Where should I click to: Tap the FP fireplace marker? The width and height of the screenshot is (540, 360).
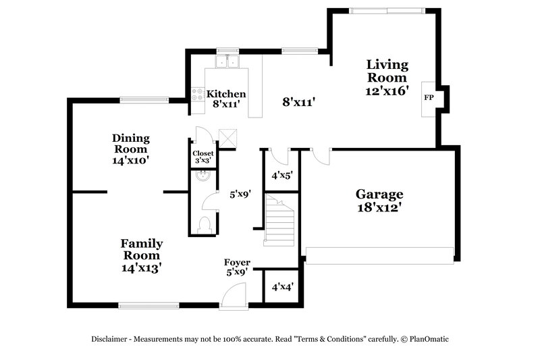pos(428,98)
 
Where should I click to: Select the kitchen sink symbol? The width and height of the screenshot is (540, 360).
pos(227,62)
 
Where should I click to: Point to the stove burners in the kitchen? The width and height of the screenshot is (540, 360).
pos(198,95)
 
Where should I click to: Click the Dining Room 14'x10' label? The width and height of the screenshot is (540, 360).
pos(131,149)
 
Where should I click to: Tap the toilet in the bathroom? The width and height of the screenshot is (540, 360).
pos(205,224)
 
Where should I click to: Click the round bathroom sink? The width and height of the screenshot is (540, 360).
pos(203,178)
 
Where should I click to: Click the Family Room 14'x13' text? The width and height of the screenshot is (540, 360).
pos(141,255)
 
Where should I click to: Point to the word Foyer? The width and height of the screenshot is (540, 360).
pos(238,262)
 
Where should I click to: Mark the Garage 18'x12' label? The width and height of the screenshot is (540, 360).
pos(379,201)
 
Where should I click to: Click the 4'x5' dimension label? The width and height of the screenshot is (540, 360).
pos(281,175)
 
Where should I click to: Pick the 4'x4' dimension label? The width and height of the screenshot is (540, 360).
pos(281,287)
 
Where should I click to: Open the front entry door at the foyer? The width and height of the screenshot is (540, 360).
pos(233,297)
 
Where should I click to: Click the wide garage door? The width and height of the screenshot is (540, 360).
pos(379,255)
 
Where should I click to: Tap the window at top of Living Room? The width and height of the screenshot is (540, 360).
pos(387,10)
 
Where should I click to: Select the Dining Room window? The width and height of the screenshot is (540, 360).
pos(144,101)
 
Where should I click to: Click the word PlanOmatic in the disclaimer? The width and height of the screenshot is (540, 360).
pos(426,339)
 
